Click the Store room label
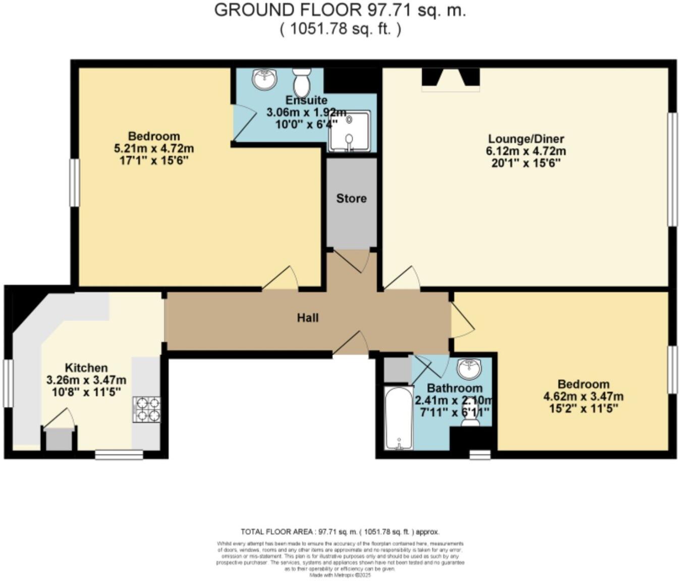coord(351,198)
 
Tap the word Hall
coord(307,318)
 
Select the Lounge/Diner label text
coord(526,139)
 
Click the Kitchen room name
coord(86,368)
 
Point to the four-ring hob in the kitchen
coord(147,409)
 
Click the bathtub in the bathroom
coord(399,419)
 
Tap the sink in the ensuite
coord(265,79)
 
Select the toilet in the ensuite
coord(302,82)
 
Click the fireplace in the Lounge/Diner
coord(450,80)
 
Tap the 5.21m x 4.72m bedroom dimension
coord(154,149)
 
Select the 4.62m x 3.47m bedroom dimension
coord(583,396)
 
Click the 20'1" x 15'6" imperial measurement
coord(526,163)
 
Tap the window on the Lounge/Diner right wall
coord(672,169)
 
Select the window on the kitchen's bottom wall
coord(119,455)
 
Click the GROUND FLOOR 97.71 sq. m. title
coord(340,10)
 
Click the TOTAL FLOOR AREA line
coord(340,532)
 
